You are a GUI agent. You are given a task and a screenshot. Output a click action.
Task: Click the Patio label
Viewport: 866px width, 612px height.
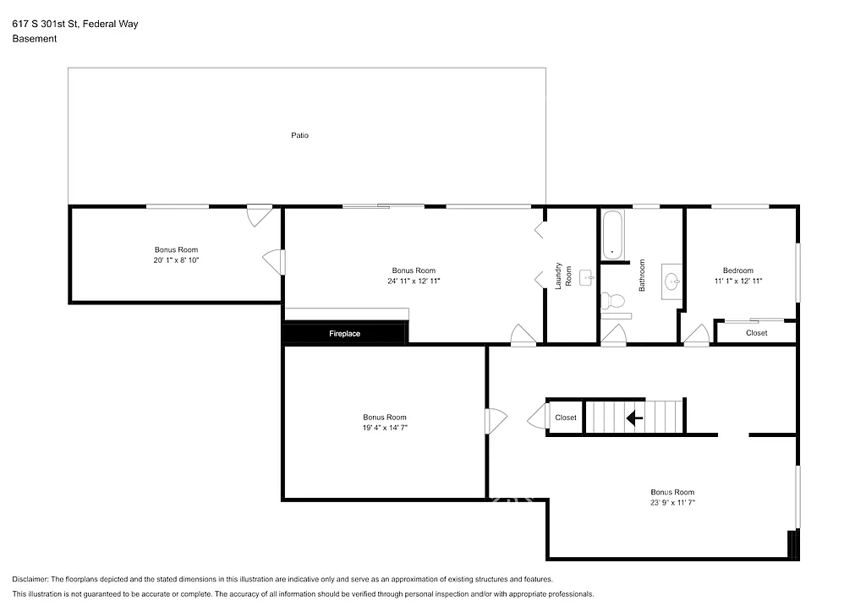pyautogui.click(x=299, y=135)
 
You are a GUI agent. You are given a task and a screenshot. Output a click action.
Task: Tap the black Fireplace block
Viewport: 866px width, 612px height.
pyautogui.click(x=344, y=334)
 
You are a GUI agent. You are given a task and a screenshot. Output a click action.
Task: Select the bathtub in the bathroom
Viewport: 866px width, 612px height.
pyautogui.click(x=612, y=235)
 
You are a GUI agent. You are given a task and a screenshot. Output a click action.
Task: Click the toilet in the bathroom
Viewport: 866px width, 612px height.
pyautogui.click(x=612, y=300)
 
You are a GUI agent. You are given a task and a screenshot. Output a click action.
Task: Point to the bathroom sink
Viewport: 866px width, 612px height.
pyautogui.click(x=672, y=281)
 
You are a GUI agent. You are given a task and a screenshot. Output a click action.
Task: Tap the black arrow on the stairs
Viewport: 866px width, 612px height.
pyautogui.click(x=633, y=417)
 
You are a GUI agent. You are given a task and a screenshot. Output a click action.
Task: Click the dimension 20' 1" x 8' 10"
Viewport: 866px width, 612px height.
pyautogui.click(x=176, y=260)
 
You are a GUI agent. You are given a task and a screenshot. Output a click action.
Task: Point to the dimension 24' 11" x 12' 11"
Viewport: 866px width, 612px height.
pyautogui.click(x=414, y=281)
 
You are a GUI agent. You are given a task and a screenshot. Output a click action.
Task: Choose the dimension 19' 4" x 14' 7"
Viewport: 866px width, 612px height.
pyautogui.click(x=385, y=428)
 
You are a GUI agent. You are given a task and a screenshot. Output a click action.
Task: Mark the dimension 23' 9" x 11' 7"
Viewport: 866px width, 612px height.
pyautogui.click(x=672, y=502)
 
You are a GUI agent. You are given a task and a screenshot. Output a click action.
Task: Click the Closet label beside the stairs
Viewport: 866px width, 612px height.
pyautogui.click(x=566, y=418)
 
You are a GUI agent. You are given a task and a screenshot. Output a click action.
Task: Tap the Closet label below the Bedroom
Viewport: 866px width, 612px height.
pyautogui.click(x=756, y=333)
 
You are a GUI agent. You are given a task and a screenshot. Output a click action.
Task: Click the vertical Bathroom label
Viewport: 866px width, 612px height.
pyautogui.click(x=642, y=276)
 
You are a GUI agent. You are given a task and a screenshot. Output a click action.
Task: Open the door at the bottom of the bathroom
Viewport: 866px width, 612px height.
pyautogui.click(x=613, y=336)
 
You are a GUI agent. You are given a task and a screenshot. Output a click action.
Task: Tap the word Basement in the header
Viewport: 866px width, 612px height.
pyautogui.click(x=35, y=39)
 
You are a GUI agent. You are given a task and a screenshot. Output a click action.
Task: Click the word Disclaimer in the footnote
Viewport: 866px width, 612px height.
pyautogui.click(x=31, y=579)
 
